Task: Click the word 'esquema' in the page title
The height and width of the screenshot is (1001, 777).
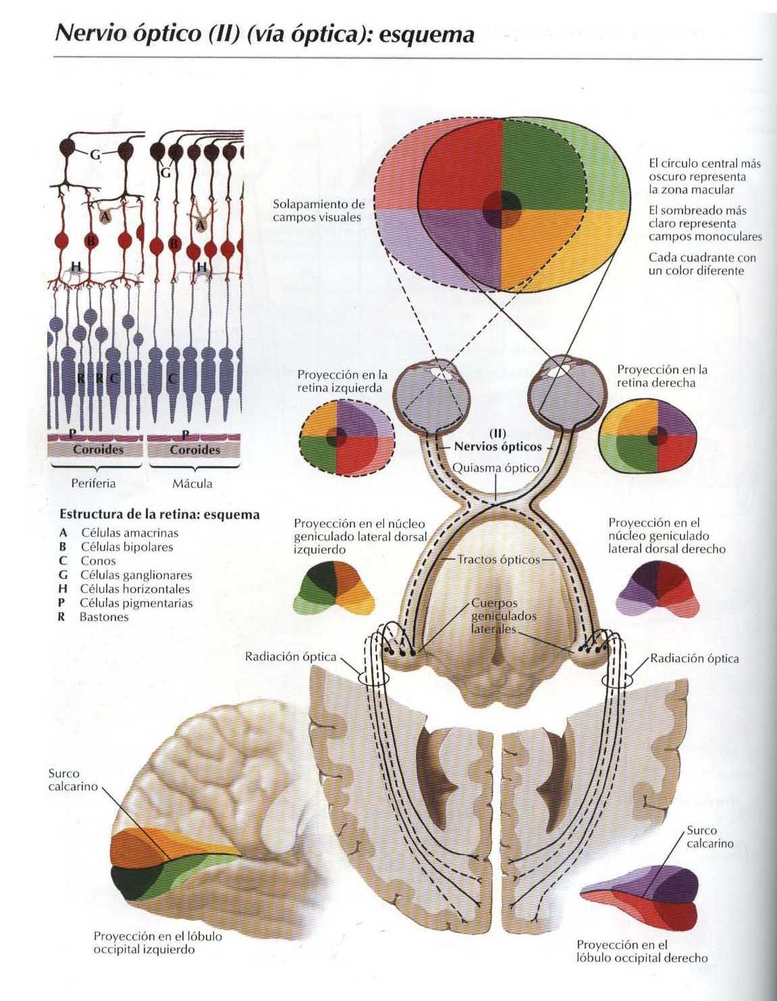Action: click(426, 34)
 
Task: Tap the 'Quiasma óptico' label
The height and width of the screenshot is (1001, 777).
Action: click(495, 467)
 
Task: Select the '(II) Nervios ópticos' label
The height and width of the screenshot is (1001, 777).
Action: click(498, 441)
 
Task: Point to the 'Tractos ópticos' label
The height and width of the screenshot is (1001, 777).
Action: click(498, 559)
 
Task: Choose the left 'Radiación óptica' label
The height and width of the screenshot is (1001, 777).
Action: click(290, 657)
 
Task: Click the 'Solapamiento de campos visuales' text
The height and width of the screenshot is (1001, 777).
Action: click(318, 211)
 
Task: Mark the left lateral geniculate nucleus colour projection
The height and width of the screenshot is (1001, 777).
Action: click(333, 588)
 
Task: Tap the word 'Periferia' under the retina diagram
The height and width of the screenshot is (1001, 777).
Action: click(93, 484)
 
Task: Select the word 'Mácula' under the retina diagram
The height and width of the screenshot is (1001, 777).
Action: click(192, 484)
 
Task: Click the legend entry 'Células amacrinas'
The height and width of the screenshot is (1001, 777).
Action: click(130, 533)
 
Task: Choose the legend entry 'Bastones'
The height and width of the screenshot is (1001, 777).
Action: click(104, 617)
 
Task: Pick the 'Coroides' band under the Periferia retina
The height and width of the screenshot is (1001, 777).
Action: click(98, 450)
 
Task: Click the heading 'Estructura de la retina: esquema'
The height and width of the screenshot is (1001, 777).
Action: click(159, 515)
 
